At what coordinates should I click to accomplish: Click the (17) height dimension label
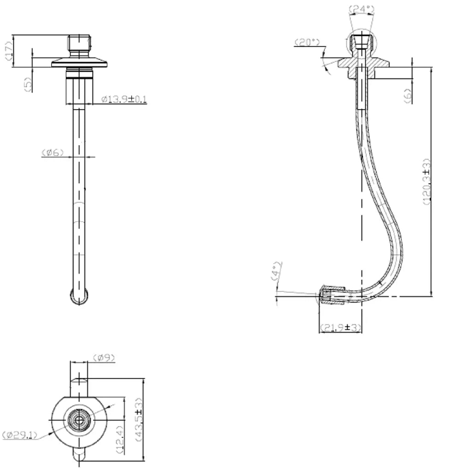(x=9, y=51)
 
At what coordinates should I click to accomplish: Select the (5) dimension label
(x=28, y=84)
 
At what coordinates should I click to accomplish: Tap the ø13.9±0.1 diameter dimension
(x=124, y=99)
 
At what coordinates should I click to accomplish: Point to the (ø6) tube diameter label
(x=52, y=152)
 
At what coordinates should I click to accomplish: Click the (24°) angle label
(x=362, y=10)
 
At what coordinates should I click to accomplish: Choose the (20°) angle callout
(x=307, y=42)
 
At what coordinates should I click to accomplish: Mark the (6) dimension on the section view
(x=408, y=96)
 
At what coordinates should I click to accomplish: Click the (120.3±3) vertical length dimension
(x=426, y=182)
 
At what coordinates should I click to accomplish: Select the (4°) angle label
(x=276, y=271)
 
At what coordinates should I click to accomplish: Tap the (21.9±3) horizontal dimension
(x=340, y=328)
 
